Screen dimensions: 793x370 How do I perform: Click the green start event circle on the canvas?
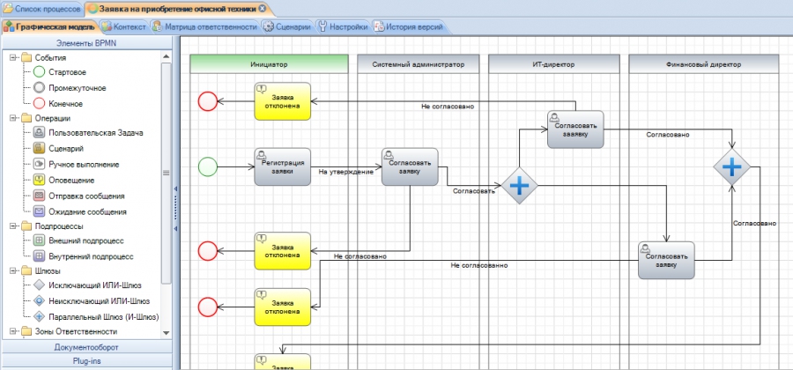[207, 166]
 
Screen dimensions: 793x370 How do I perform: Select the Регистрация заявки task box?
[282, 166]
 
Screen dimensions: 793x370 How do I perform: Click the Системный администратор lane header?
[418, 64]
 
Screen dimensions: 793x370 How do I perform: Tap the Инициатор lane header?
[269, 64]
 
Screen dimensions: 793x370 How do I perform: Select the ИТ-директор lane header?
[554, 64]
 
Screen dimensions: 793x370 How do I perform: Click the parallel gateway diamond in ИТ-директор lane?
[519, 186]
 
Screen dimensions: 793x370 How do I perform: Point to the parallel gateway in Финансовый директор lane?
[732, 166]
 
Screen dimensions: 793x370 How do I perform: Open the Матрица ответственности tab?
[206, 26]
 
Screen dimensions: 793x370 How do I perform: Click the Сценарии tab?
[288, 26]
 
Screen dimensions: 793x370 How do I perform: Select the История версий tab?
[409, 26]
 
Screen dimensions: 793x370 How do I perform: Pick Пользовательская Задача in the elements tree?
[95, 133]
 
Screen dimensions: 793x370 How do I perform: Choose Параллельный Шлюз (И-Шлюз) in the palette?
[104, 317]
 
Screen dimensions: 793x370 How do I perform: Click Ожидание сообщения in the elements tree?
[87, 211]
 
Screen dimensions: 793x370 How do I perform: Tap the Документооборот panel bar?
[86, 347]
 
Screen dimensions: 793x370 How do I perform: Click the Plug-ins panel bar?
[86, 361]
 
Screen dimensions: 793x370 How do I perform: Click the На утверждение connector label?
[346, 172]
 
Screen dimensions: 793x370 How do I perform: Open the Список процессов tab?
[42, 9]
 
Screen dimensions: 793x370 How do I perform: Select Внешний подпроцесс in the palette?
[86, 240]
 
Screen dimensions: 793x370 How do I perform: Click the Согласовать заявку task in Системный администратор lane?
[410, 166]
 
